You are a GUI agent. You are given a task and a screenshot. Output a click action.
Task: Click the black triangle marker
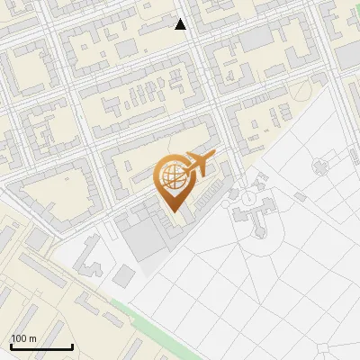click(181, 24)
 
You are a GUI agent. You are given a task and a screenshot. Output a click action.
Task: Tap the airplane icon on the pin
click(201, 165)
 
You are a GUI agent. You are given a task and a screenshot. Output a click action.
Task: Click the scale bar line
click(41, 346)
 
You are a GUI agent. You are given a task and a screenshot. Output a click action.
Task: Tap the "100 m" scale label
click(23, 338)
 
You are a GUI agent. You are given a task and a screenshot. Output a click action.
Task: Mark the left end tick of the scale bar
click(11, 346)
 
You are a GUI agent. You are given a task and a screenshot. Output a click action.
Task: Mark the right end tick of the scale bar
click(72, 346)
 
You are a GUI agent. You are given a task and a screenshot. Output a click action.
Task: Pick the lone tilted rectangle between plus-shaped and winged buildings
click(300, 195)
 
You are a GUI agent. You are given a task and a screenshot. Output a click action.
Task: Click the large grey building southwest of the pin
click(145, 238)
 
